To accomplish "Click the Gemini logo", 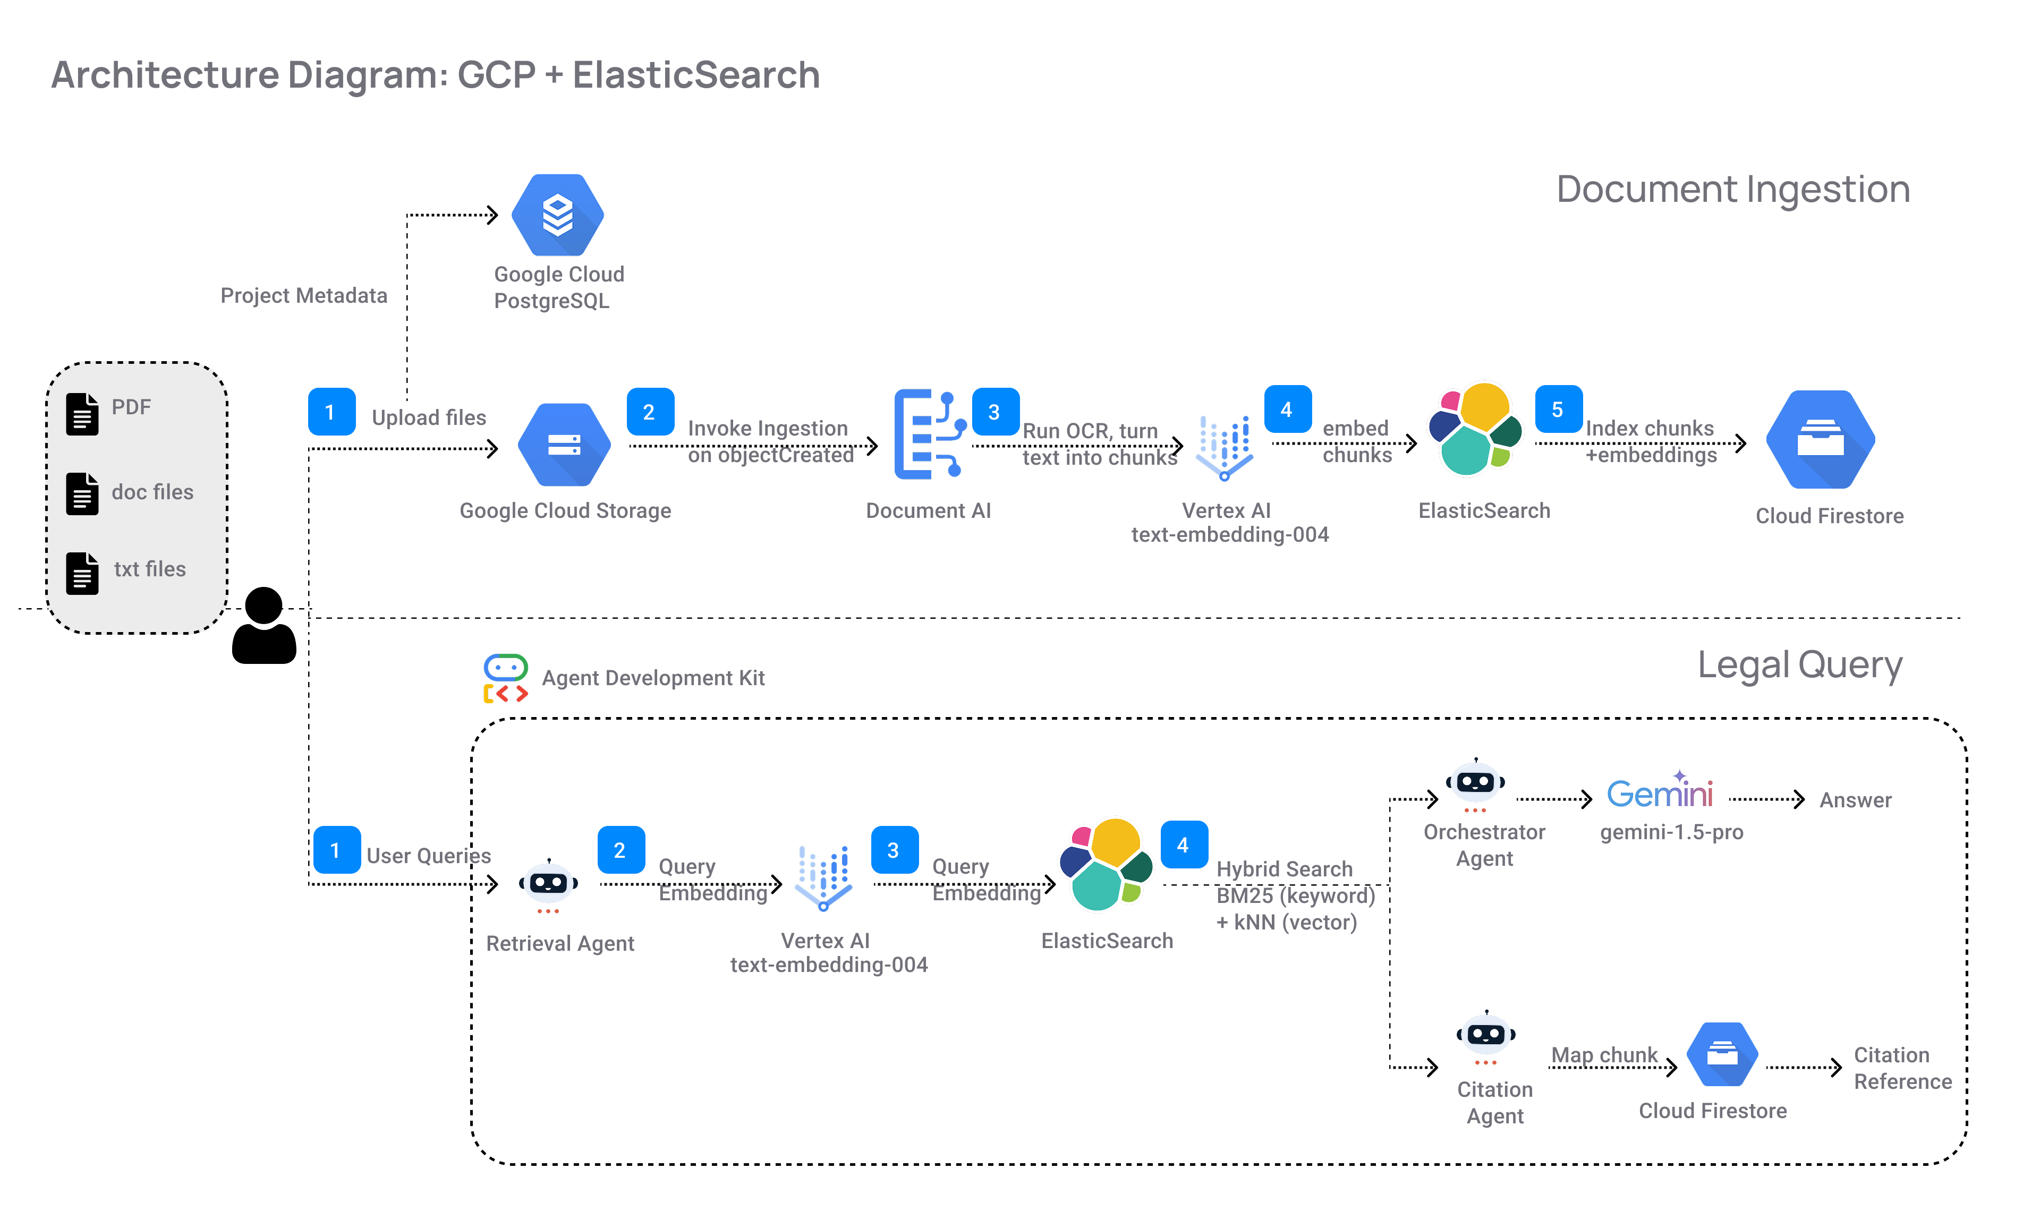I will (1659, 791).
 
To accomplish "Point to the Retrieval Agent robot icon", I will (548, 884).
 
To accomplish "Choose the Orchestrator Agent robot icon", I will (1475, 784).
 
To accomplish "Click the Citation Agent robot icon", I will (1486, 1036).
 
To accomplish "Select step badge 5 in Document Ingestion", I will (1558, 410).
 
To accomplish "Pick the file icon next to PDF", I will (82, 414).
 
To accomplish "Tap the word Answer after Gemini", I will (1855, 800).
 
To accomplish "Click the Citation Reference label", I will (1902, 1068).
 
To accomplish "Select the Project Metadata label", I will (303, 295).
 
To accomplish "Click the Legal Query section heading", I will (1799, 665).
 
